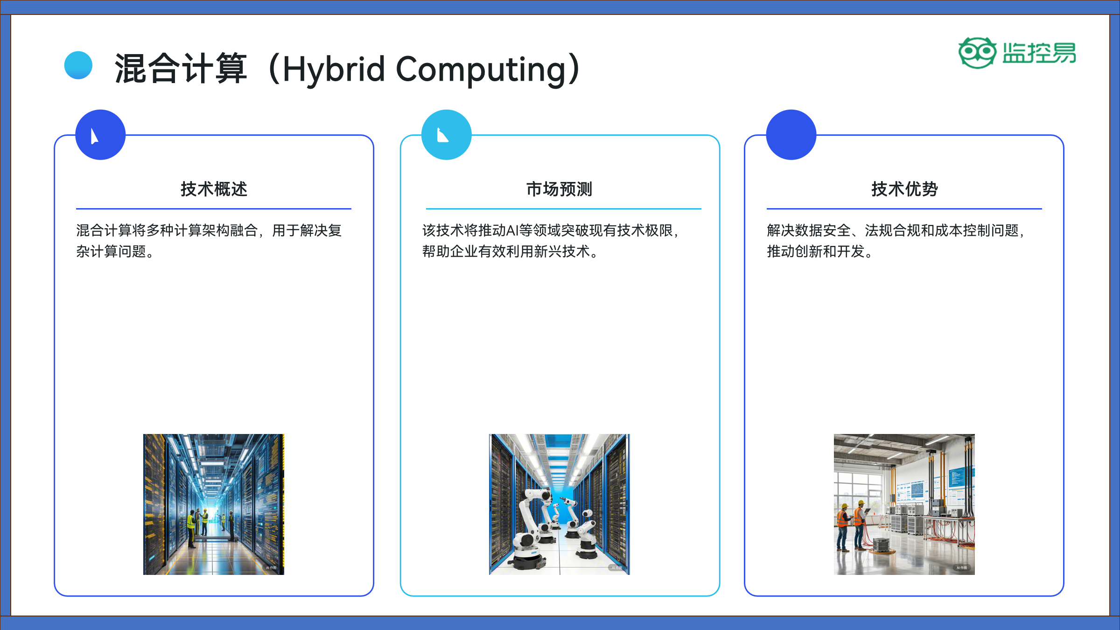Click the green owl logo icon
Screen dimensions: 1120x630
(977, 53)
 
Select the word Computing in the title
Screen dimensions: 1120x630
(481, 70)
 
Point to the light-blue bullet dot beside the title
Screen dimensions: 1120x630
(78, 65)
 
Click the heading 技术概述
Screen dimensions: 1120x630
(214, 189)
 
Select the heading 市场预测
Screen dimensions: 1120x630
(559, 189)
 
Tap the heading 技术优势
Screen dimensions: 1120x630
(904, 189)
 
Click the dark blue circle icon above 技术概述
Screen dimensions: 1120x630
(100, 135)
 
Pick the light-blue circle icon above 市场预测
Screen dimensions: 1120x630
(446, 135)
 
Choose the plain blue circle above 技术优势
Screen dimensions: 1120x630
(791, 135)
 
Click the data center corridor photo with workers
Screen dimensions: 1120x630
(214, 504)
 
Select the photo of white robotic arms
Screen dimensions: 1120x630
(559, 504)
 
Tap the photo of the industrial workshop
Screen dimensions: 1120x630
(904, 504)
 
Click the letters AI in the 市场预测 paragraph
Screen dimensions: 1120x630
(512, 231)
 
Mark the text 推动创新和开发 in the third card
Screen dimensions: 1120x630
(816, 252)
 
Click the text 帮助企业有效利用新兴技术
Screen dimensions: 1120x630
(506, 252)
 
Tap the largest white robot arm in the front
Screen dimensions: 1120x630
(530, 532)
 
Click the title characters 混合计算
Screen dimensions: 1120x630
(181, 69)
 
